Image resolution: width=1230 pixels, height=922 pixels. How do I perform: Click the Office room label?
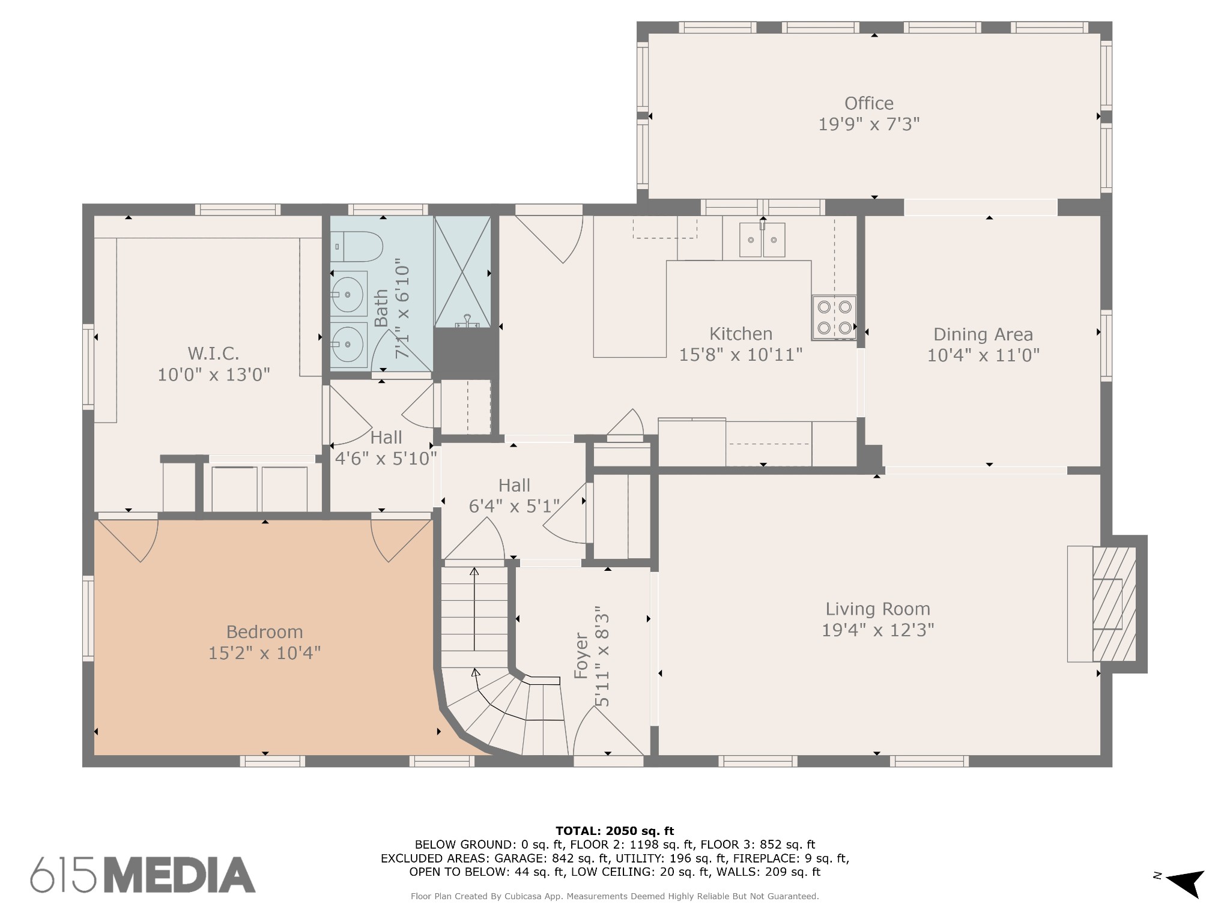[x=868, y=103]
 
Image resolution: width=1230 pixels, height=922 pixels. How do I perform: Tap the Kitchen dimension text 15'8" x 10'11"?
[x=741, y=355]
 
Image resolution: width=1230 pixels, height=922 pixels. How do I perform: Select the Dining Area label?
[x=983, y=334]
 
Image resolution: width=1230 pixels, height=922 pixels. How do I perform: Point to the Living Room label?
[x=877, y=609]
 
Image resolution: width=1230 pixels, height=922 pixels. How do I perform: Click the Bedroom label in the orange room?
[x=264, y=631]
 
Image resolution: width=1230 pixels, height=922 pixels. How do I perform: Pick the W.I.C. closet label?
[x=213, y=353]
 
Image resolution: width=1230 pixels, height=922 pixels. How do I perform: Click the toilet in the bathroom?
[x=357, y=247]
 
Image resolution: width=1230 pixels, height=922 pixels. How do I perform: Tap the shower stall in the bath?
[x=462, y=272]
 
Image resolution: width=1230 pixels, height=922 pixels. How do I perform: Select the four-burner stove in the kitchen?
[x=834, y=318]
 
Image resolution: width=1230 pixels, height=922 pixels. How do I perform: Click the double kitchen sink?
[x=762, y=240]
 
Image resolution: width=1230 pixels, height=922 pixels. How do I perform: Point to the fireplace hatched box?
[x=1114, y=604]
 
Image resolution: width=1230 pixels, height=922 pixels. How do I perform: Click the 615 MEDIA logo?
[x=143, y=875]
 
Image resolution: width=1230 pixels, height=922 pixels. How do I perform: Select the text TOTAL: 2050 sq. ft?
[x=615, y=831]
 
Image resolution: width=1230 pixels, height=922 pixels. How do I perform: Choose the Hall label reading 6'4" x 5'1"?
[x=514, y=496]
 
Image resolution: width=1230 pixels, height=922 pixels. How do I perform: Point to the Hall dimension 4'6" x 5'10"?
[x=386, y=459]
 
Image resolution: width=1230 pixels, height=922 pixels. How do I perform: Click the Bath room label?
[x=381, y=308]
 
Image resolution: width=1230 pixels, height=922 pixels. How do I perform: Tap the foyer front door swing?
[x=608, y=731]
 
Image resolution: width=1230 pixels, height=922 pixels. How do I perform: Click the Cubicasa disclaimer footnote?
[x=615, y=896]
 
